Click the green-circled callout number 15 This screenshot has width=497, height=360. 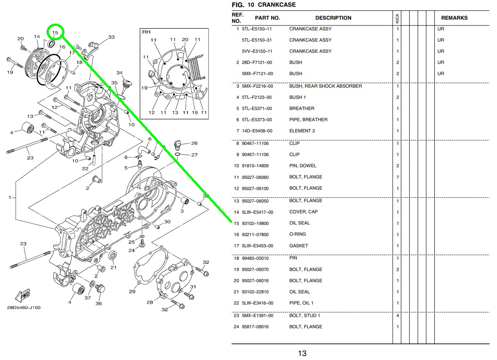55,33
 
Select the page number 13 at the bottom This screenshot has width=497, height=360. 302,353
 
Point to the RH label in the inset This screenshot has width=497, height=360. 146,32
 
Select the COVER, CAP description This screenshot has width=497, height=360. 303,212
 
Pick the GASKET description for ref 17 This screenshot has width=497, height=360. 298,246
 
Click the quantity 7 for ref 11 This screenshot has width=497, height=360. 397,177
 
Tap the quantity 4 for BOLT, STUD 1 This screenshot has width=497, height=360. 397,316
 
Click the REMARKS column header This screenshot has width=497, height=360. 454,18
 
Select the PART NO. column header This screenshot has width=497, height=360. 267,18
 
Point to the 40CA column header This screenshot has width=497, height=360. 397,19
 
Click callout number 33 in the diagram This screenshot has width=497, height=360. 111,37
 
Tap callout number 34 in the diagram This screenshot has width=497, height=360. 119,72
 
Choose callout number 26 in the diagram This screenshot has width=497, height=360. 194,144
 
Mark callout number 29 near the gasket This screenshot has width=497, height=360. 132,292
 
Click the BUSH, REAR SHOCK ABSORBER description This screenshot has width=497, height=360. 325,86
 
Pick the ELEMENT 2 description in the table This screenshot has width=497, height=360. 302,131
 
